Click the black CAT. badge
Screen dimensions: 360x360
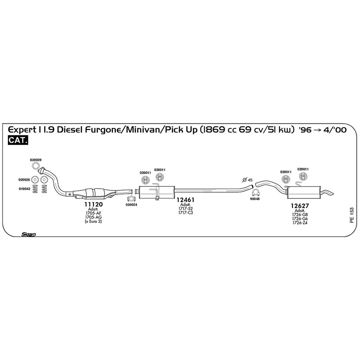click(x=18, y=140)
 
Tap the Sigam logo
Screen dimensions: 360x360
click(x=28, y=235)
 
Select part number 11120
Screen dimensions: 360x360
click(x=94, y=204)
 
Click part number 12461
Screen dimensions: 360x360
click(x=185, y=200)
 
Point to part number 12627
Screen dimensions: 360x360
click(x=300, y=206)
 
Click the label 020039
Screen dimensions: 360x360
click(x=36, y=160)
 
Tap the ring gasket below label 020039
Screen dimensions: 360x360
click(x=36, y=166)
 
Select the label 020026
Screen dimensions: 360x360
click(x=24, y=180)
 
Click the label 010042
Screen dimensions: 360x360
click(x=25, y=189)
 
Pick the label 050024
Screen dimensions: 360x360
click(x=131, y=205)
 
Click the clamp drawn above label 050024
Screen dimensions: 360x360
click(x=131, y=199)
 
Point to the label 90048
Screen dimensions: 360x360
click(x=255, y=199)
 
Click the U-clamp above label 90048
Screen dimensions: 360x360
click(x=255, y=192)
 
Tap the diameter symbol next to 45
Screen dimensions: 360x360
click(x=244, y=180)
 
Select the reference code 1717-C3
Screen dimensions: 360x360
click(x=185, y=213)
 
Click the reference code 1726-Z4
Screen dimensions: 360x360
click(x=300, y=223)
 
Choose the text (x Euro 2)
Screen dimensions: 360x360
click(x=93, y=222)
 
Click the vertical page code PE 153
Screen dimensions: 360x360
click(x=352, y=215)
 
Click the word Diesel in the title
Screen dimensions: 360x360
click(x=70, y=130)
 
